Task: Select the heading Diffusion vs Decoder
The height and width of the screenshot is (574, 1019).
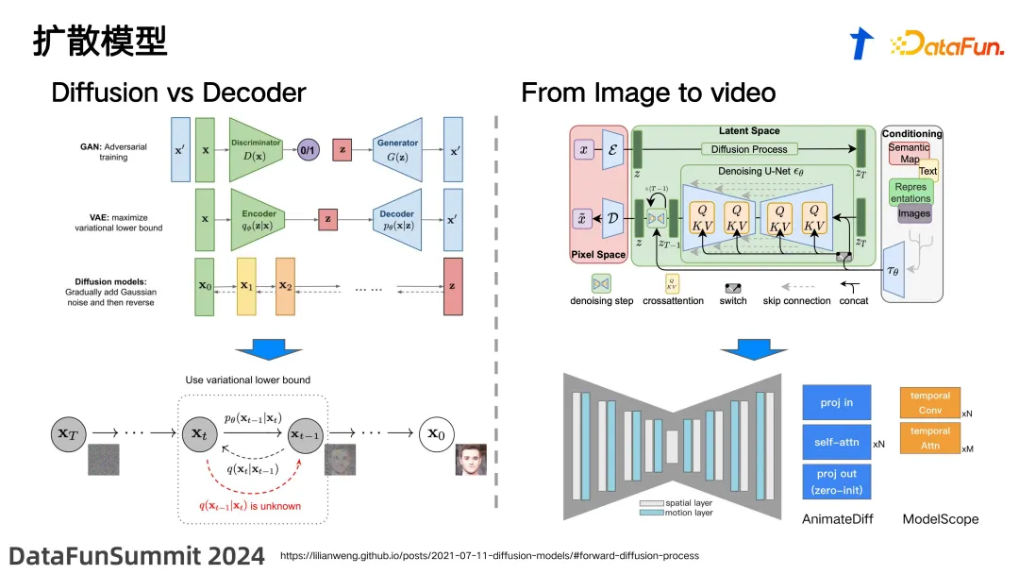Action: point(178,93)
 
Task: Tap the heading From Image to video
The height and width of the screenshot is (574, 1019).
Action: point(648,93)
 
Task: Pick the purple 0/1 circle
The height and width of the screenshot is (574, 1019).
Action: point(308,150)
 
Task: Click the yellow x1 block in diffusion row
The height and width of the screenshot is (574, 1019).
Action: point(246,286)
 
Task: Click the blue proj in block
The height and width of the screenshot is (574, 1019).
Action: point(836,402)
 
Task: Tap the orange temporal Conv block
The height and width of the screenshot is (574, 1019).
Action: point(930,402)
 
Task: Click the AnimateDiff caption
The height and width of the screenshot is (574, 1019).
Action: point(837,518)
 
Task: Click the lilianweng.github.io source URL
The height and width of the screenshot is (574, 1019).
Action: point(490,556)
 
